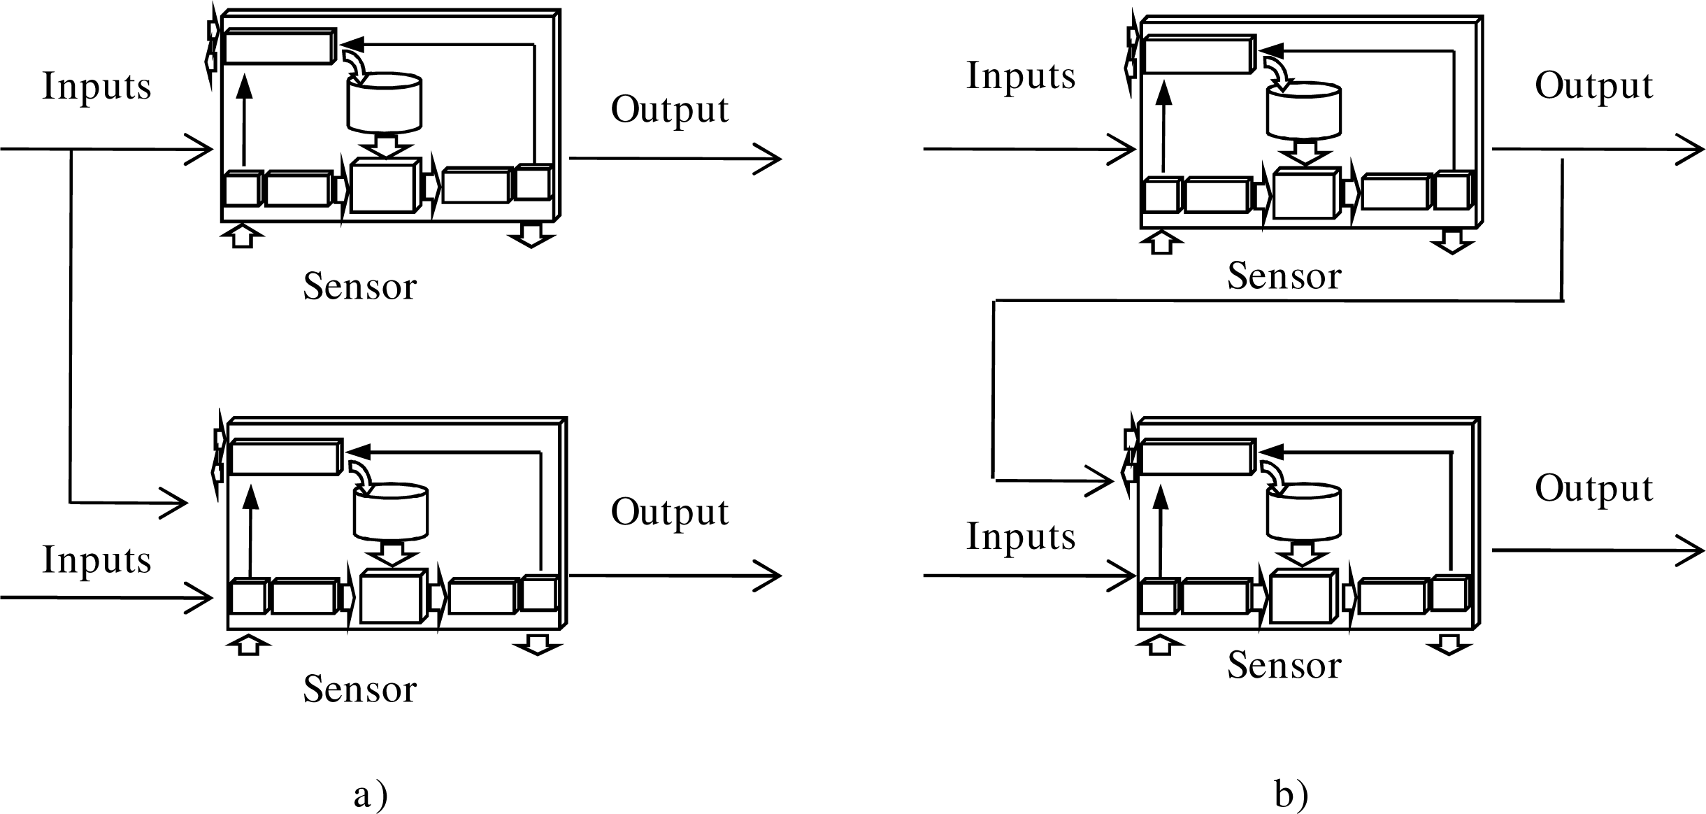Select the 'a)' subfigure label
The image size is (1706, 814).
coord(370,796)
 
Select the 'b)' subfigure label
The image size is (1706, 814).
coord(1291,796)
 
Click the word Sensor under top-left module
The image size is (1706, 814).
coord(359,287)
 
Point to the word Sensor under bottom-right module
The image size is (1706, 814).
coord(1284,665)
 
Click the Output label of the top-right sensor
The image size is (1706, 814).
coord(1593,87)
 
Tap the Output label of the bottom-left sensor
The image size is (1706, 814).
coord(670,513)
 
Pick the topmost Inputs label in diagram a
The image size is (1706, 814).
coord(96,87)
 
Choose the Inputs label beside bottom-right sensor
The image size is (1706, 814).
coord(1021,537)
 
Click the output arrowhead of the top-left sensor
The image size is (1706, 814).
coord(769,159)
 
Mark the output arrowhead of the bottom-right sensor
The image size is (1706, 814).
coord(1693,550)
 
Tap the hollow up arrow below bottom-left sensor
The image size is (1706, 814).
coord(248,645)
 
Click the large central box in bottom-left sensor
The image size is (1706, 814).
coord(392,597)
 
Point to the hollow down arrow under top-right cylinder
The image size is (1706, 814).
coord(1304,152)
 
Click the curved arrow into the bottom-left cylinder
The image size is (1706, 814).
coord(362,471)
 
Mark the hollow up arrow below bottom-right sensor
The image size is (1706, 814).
coord(1159,644)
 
